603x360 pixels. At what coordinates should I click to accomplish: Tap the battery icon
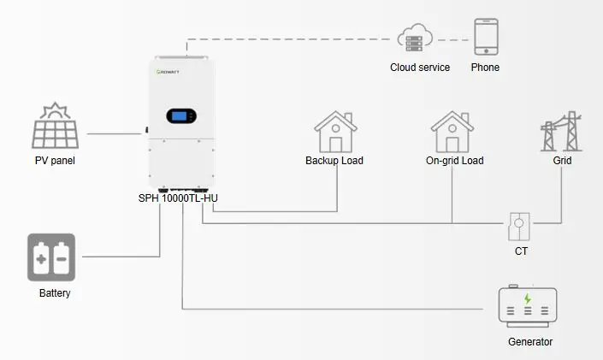51,257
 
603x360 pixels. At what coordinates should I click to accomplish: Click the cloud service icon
415,38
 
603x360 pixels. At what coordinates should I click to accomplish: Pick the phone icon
486,38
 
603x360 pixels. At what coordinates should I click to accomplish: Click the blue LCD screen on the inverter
182,117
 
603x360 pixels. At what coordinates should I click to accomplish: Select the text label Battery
55,293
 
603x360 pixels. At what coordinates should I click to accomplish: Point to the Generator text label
530,342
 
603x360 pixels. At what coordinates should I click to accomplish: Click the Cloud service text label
420,68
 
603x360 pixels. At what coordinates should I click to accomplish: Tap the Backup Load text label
334,161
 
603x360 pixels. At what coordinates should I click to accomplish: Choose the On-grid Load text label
454,161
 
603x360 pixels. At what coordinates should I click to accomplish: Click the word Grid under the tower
562,161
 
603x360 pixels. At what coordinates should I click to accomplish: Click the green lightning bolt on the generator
528,298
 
